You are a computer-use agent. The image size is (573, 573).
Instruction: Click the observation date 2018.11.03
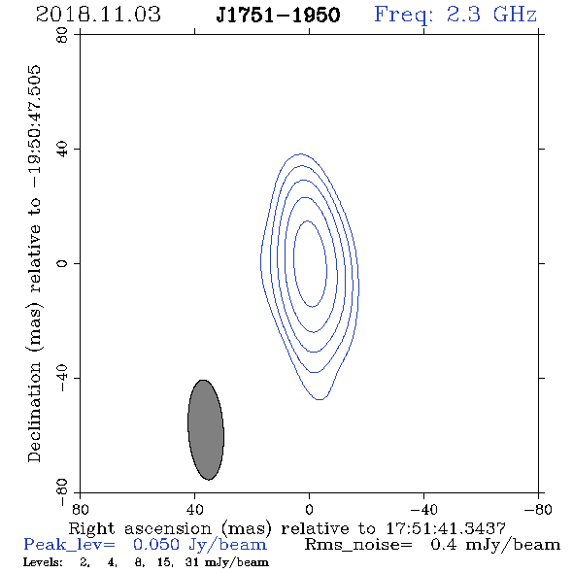coord(98,15)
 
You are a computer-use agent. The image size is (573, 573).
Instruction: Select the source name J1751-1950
coord(278,15)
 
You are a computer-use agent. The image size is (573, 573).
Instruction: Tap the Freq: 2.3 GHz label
coord(455,15)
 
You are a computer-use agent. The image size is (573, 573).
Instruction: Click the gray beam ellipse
coord(206,429)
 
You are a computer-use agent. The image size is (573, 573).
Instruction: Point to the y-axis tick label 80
coord(62,35)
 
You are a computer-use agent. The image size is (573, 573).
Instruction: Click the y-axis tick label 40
coord(62,150)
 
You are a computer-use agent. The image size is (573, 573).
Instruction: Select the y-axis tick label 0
coord(62,263)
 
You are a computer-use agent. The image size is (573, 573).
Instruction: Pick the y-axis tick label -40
coord(62,378)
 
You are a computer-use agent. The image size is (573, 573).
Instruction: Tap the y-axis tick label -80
coord(62,492)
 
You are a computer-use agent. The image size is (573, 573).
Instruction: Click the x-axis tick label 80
coord(80,510)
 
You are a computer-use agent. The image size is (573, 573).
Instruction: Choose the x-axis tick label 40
coord(195,510)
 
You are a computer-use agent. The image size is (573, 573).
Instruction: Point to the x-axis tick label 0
coord(309,510)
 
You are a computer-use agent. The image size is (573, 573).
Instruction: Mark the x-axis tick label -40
coord(423,510)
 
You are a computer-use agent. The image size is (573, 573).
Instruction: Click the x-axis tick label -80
coord(538,510)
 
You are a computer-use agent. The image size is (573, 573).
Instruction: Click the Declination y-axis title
coord(34,263)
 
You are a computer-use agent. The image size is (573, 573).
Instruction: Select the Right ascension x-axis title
coord(286,528)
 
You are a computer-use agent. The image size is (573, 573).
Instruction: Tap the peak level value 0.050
coord(156,545)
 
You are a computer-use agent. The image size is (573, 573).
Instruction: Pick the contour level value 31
coord(192,562)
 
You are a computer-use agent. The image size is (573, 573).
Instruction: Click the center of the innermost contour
coord(310,264)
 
